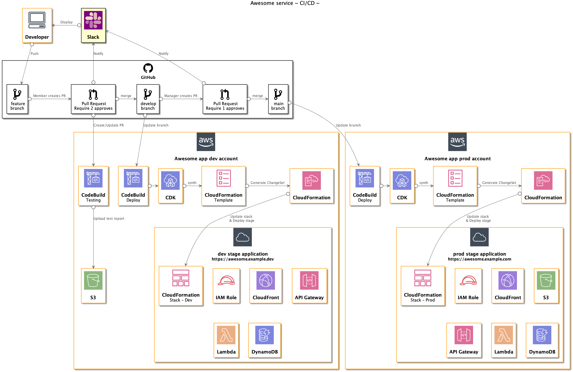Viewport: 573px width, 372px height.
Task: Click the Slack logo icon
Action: pos(93,20)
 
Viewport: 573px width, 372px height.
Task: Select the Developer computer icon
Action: pos(37,20)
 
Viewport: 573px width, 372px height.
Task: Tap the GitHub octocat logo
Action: pos(148,68)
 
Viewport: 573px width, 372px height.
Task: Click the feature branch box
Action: pos(17,99)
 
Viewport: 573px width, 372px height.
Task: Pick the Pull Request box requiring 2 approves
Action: pos(93,99)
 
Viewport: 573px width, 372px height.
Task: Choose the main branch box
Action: pos(278,99)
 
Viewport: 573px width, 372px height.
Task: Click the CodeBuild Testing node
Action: pos(93,186)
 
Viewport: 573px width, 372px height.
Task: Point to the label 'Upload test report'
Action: pos(109,219)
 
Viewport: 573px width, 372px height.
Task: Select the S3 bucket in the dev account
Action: pos(93,286)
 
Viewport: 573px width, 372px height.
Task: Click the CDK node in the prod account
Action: pos(402,186)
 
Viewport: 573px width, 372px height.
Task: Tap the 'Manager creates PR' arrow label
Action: pos(181,96)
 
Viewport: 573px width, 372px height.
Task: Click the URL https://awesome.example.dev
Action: pos(243,259)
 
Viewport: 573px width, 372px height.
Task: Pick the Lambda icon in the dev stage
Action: pos(226,335)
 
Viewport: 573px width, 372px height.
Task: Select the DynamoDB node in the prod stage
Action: pos(542,340)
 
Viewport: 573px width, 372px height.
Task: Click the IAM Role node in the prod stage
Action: pos(468,286)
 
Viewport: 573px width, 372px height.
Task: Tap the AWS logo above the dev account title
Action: pos(206,142)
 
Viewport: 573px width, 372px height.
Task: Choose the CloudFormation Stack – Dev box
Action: pos(181,286)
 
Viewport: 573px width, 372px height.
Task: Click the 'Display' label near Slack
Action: pos(66,22)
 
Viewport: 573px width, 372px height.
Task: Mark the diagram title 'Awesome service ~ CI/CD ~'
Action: pos(285,3)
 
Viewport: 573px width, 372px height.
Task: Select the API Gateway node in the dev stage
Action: pos(309,286)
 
